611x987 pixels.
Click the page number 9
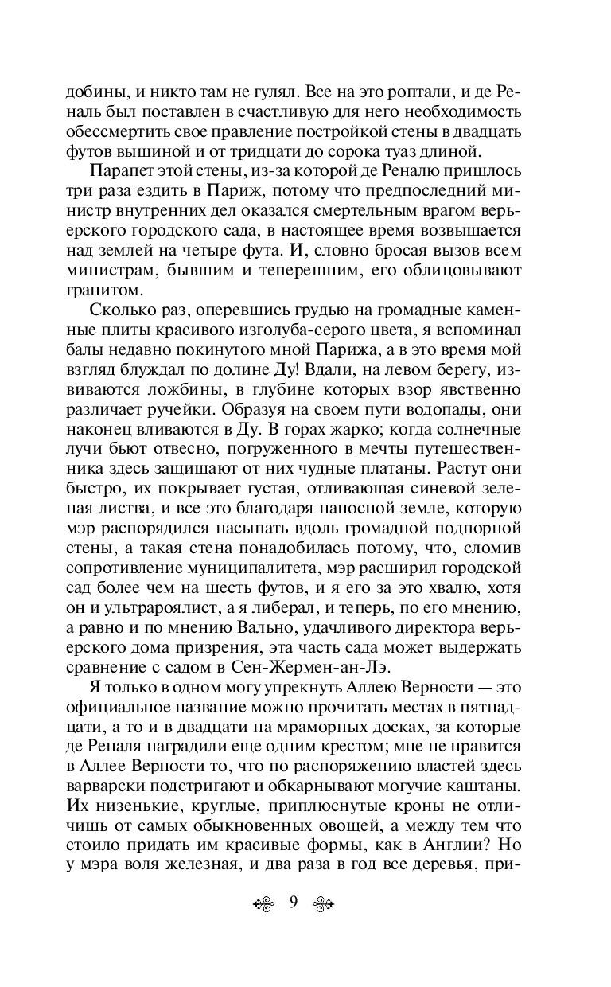294,903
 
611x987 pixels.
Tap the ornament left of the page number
266,903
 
